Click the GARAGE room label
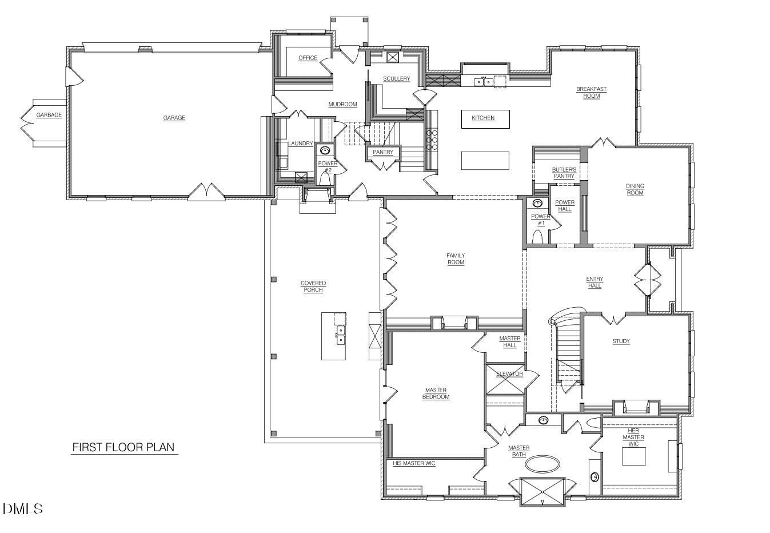coord(174,118)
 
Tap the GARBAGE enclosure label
coord(49,115)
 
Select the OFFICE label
coord(308,58)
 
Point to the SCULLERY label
coord(396,78)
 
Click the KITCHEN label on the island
coord(483,118)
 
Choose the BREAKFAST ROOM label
coord(591,93)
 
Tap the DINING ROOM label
coord(635,189)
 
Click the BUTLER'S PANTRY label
coord(564,173)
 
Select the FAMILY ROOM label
coord(456,259)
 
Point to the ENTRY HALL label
coord(595,282)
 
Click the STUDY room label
coord(621,341)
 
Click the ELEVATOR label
coord(509,374)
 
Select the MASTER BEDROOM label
coord(436,393)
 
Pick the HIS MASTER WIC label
coord(414,463)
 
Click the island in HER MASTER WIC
coord(633,456)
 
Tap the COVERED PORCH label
coord(313,287)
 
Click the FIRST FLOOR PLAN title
coord(123,447)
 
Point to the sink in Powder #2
coord(325,151)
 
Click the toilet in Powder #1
coord(538,236)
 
